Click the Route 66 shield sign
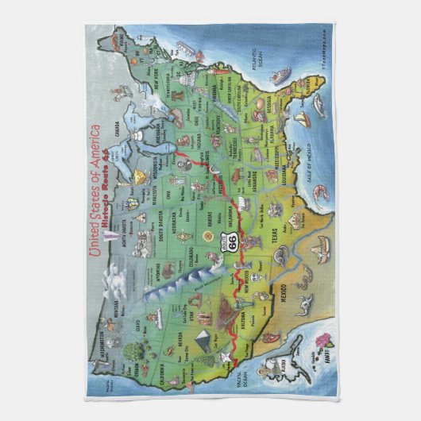click(232, 224)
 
